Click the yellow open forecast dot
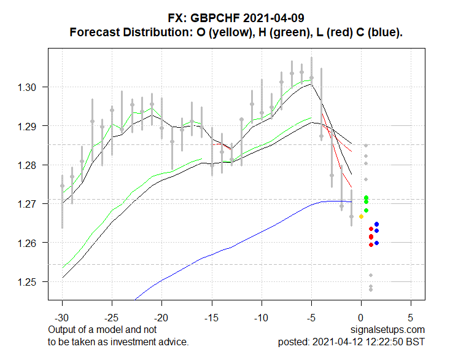coord(361,216)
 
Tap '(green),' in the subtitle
coord(274,32)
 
